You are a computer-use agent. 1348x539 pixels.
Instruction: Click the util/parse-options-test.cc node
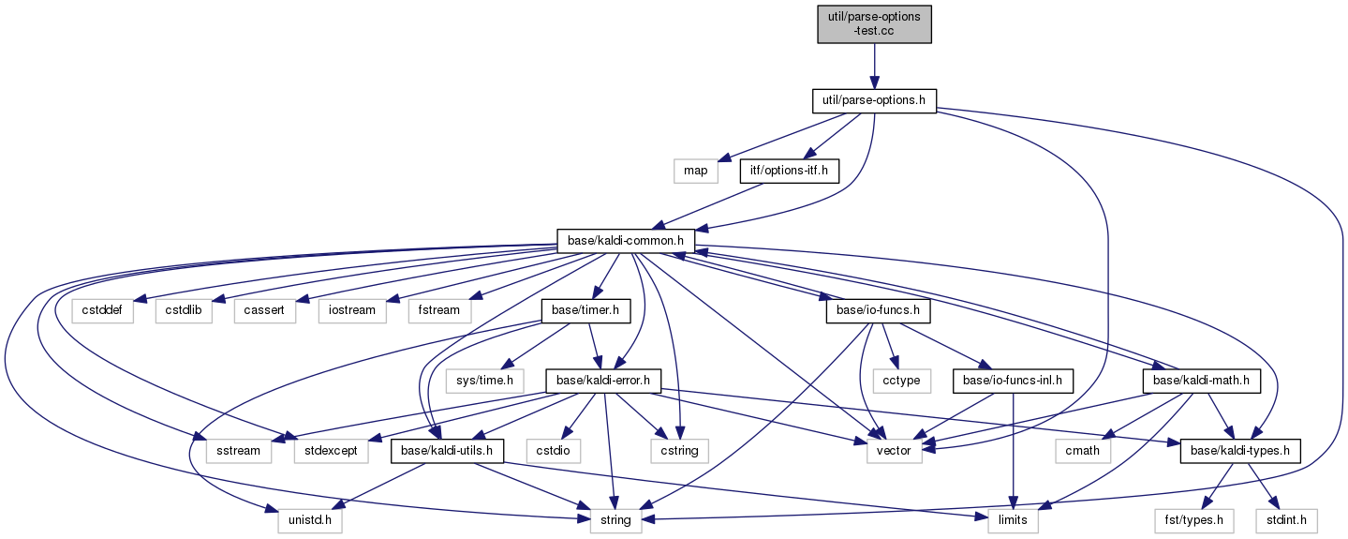pos(874,24)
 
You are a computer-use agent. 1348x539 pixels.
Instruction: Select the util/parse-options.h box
pos(874,100)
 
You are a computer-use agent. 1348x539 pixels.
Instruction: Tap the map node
pos(696,171)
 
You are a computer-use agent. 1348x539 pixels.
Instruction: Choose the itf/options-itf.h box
pos(789,171)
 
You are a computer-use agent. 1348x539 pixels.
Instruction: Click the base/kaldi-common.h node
pos(626,241)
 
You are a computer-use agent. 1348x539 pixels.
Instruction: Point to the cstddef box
pos(102,311)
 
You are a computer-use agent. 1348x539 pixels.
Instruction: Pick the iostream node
pos(352,311)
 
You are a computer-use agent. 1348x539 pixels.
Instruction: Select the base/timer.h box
pos(585,311)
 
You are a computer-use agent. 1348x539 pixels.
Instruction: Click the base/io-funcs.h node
pos(878,311)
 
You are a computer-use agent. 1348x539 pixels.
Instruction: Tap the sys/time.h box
pos(484,382)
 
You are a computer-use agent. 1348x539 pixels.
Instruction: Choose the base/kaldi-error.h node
pos(603,382)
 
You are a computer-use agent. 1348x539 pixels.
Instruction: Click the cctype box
pos(901,382)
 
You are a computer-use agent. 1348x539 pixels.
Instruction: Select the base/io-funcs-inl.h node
pos(1013,382)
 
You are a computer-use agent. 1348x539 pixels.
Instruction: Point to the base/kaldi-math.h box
pos(1201,382)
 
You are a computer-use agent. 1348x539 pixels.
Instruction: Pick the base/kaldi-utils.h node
pos(447,451)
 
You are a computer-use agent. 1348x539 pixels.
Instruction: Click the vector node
pos(894,451)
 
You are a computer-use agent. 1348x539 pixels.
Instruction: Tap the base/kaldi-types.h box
pos(1240,451)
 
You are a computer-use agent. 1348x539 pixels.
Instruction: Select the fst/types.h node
pos(1194,520)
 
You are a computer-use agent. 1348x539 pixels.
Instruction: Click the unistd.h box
pos(310,520)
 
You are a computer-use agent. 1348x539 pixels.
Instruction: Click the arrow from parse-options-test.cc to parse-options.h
pos(874,67)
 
